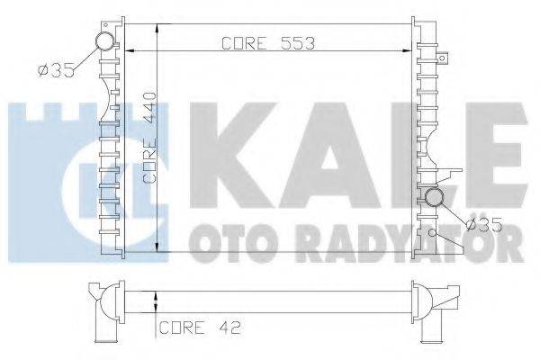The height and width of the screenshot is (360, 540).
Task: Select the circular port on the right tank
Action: tap(436, 198)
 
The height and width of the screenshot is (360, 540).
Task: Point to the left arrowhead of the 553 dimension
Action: tap(127, 49)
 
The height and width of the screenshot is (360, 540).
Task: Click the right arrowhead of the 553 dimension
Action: tap(411, 49)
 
